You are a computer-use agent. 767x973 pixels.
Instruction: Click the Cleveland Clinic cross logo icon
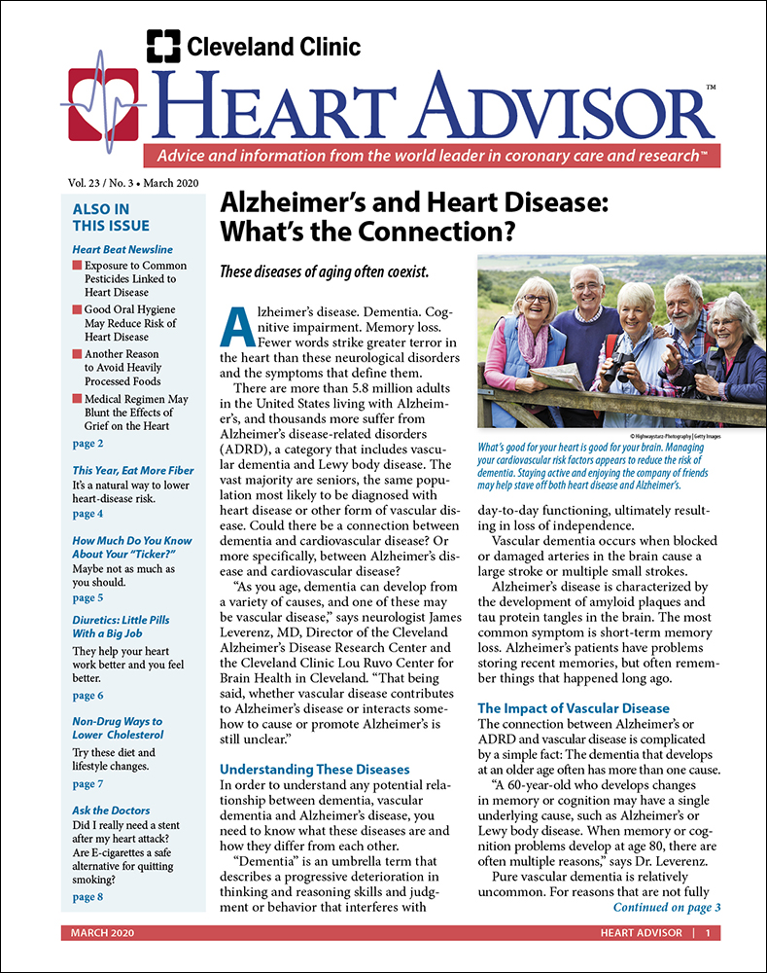click(162, 46)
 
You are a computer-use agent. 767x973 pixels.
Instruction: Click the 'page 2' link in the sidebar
click(87, 444)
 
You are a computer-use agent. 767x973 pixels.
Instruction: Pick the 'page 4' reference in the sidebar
click(87, 513)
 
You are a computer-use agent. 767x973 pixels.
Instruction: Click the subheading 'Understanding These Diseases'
click(315, 769)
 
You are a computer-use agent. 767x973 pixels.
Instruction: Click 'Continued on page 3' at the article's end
click(666, 907)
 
